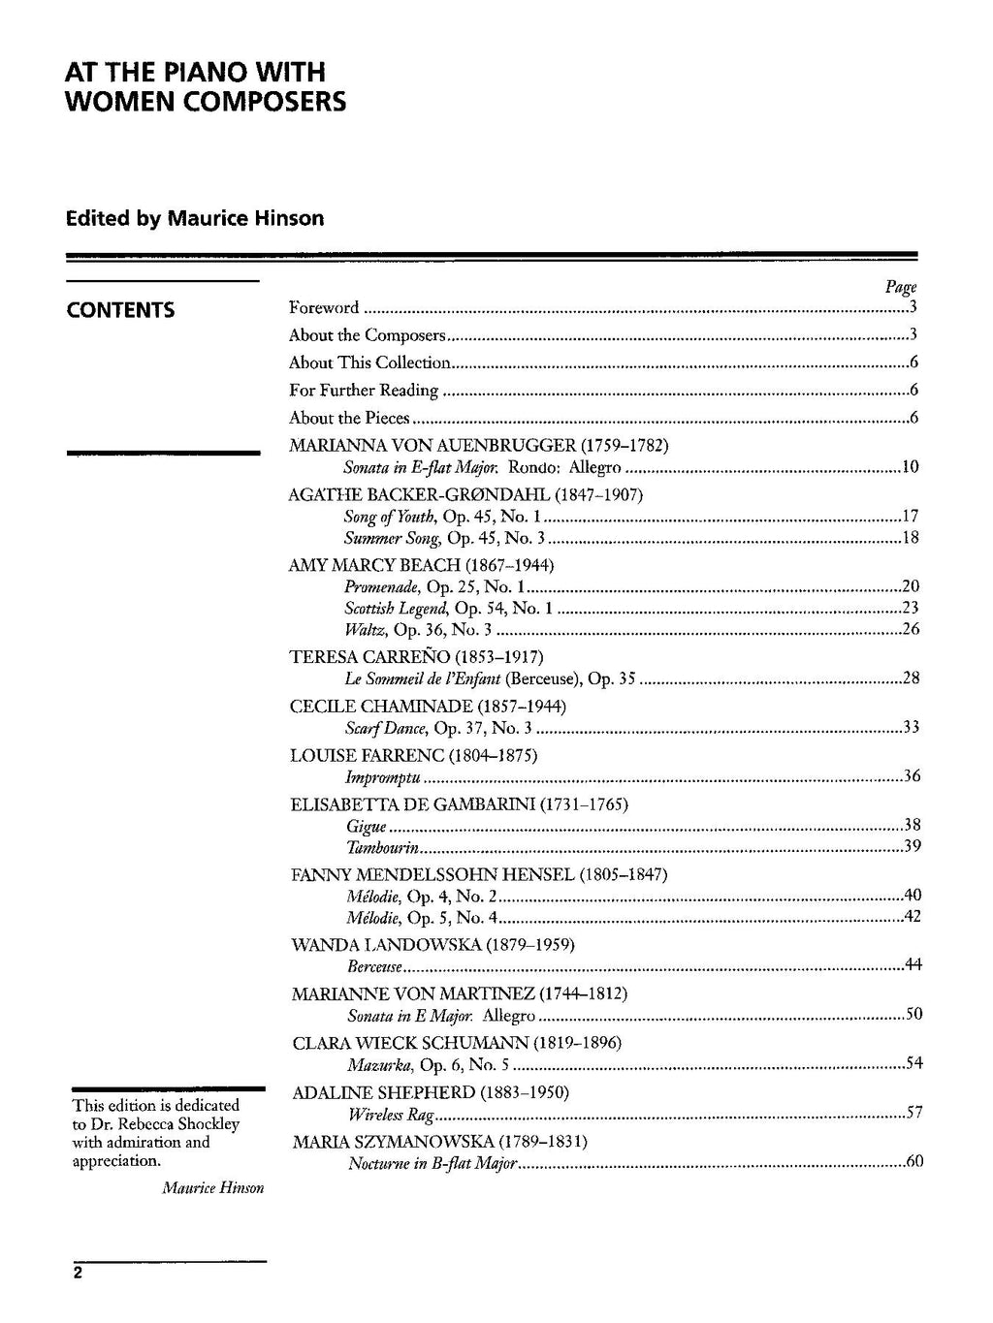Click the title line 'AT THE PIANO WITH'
coord(195,72)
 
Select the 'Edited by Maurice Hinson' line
coord(195,218)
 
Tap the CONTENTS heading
coord(120,310)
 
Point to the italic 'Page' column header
coord(901,287)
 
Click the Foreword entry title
coord(324,308)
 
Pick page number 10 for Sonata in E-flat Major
coord(910,467)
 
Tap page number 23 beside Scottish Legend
coord(910,608)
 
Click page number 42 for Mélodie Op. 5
coord(912,916)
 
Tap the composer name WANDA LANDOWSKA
coord(386,944)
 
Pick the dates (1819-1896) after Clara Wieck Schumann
coord(577,1043)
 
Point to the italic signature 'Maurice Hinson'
coord(213,1187)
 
